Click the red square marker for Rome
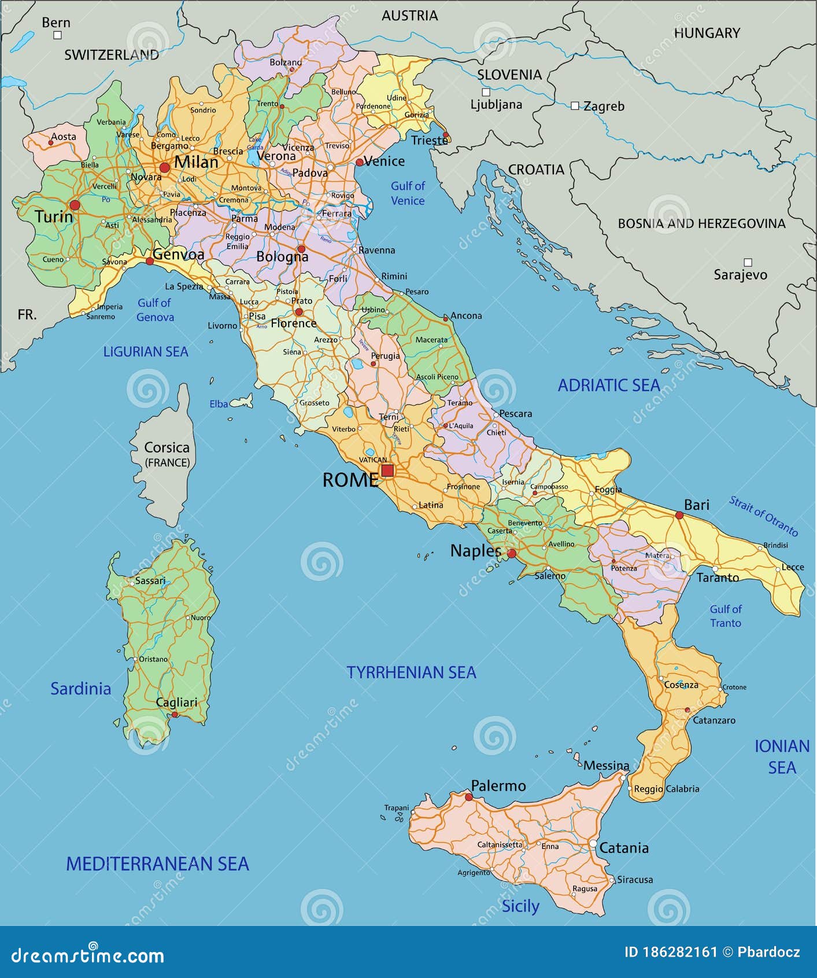click(387, 470)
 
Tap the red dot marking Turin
click(75, 205)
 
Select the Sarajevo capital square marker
click(748, 262)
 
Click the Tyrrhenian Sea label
click(411, 672)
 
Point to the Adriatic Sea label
click(608, 385)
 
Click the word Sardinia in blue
click(80, 689)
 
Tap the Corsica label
click(167, 448)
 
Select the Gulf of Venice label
click(408, 193)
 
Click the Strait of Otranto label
click(763, 516)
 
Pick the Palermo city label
click(498, 786)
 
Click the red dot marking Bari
click(679, 514)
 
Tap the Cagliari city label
click(176, 702)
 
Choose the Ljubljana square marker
click(486, 92)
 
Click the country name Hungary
click(707, 33)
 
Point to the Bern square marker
click(57, 35)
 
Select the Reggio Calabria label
click(666, 789)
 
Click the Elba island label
click(219, 404)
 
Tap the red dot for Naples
click(511, 554)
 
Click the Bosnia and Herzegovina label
click(701, 223)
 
